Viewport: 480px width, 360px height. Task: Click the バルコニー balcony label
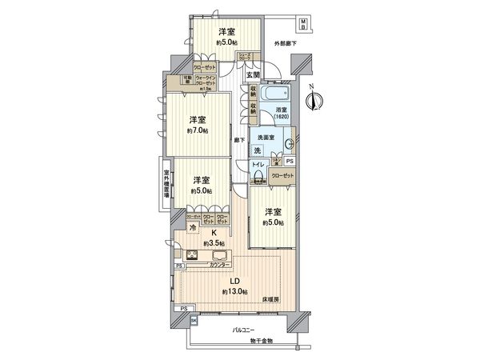pos(243,330)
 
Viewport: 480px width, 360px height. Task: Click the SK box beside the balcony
pos(193,321)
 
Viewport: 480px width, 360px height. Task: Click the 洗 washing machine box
pos(257,150)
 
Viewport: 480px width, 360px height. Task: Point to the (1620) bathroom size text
pos(282,117)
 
